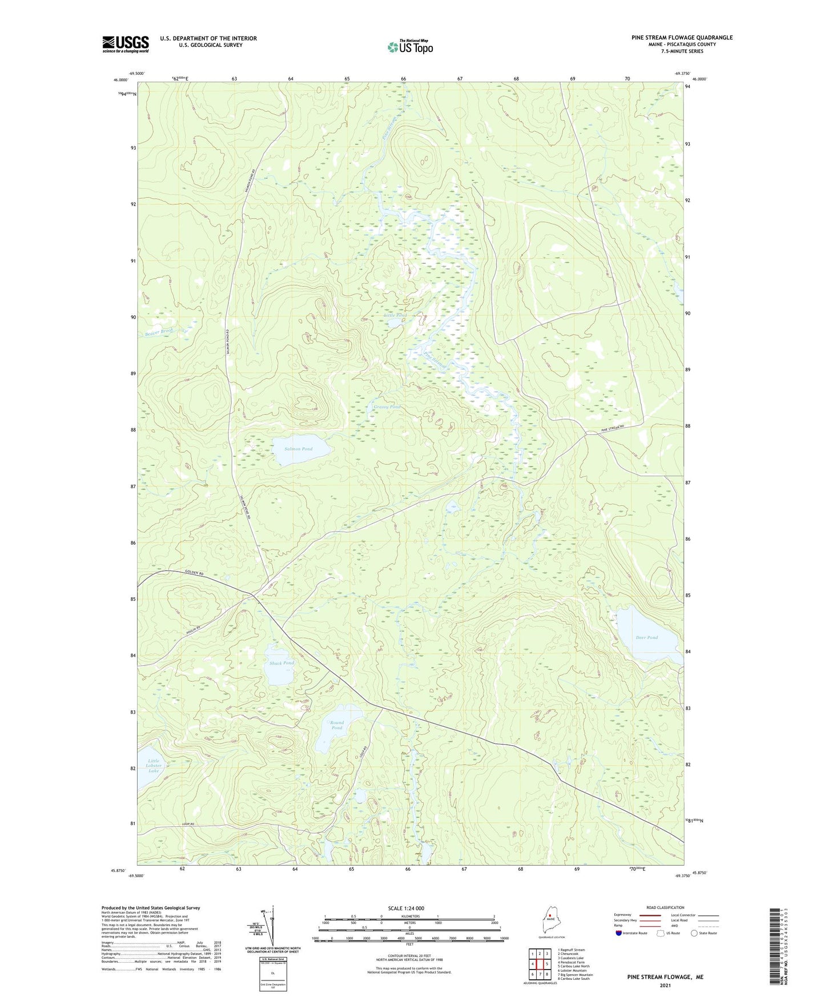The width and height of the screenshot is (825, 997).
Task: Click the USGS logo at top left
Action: pos(125,44)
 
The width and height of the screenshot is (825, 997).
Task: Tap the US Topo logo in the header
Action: pos(410,47)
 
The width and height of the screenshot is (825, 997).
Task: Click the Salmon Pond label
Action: pos(299,449)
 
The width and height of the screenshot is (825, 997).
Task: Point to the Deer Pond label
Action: pos(646,637)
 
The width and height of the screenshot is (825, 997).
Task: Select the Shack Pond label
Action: pos(281,663)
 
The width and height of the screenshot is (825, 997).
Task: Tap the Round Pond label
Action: pos(337,725)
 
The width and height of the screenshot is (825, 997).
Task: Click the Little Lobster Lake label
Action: pos(154,766)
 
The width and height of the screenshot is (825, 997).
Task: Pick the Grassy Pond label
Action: pos(387,407)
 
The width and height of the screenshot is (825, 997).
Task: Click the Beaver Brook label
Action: pos(159,332)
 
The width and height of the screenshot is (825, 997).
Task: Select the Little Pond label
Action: pos(395,315)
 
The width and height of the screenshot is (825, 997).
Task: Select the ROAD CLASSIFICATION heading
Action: pos(665,907)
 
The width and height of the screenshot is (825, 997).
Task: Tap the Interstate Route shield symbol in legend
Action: pos(619,933)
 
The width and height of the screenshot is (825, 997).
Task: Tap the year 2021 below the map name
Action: pos(665,985)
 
